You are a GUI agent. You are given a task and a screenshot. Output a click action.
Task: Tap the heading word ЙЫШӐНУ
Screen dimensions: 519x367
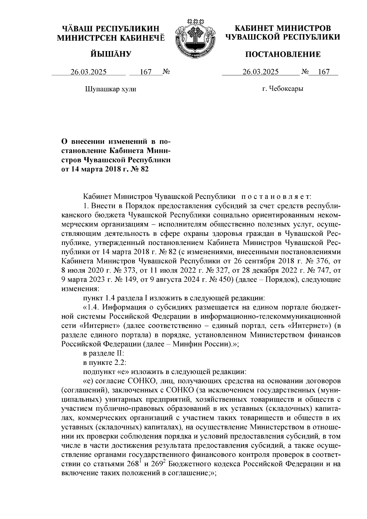111,54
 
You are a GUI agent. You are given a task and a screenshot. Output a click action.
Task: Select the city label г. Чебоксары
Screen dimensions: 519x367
283,89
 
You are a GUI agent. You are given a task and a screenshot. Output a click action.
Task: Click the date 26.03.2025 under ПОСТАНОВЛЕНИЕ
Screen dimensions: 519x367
260,72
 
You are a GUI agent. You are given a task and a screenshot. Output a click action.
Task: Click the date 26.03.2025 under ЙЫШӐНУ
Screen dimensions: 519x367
89,72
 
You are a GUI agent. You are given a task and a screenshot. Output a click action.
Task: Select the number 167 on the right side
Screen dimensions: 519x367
324,72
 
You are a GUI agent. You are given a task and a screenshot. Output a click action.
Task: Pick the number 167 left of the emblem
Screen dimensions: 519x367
146,72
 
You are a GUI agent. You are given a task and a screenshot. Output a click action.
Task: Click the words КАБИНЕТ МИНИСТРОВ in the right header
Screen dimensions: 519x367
283,28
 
